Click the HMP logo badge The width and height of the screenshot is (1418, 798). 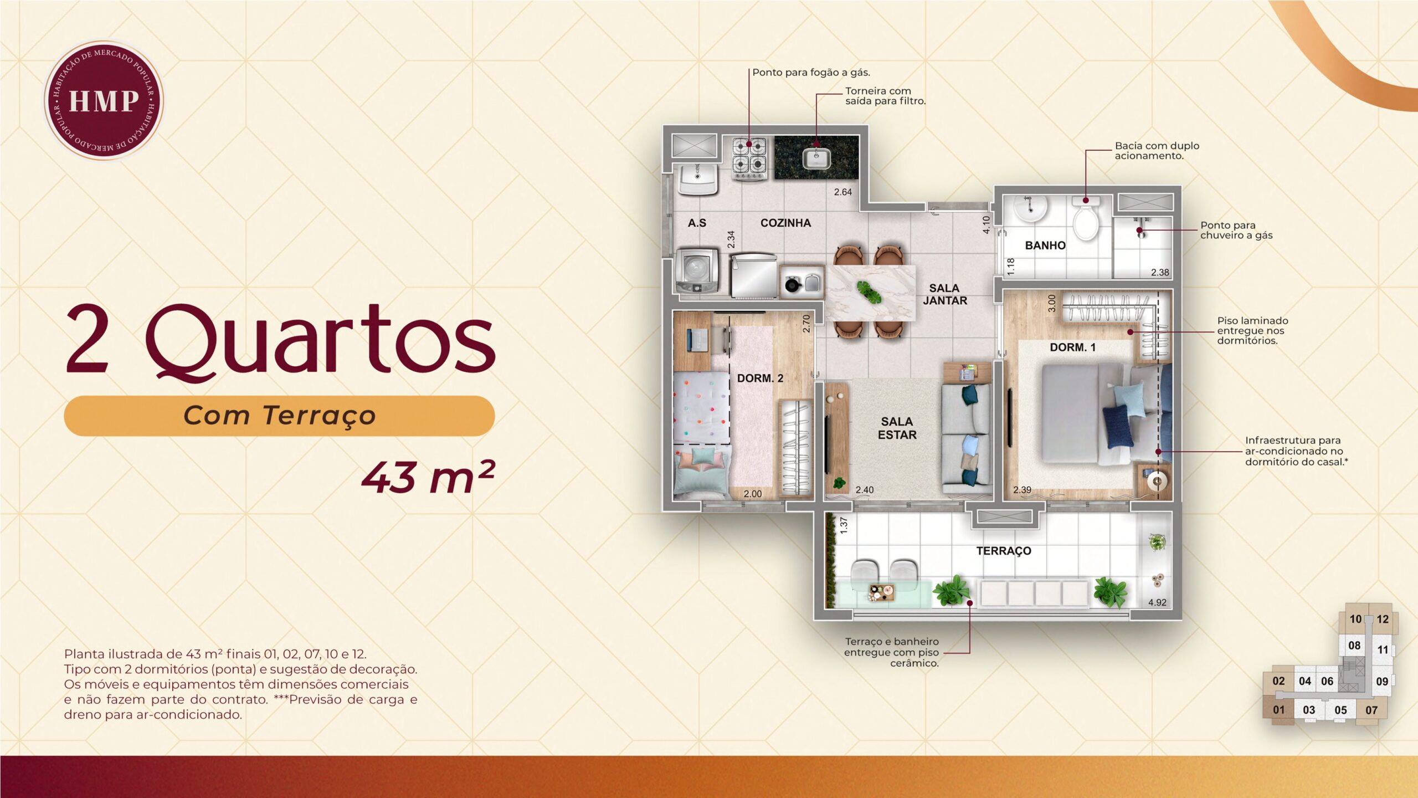point(104,100)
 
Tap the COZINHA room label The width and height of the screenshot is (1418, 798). point(785,223)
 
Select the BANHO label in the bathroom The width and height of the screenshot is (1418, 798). point(1045,245)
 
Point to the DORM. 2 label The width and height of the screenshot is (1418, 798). point(760,378)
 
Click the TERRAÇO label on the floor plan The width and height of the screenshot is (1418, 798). point(1004,551)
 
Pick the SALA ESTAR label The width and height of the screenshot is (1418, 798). point(897,428)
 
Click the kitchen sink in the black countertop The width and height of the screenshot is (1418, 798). point(816,158)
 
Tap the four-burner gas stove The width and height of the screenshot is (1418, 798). point(749,158)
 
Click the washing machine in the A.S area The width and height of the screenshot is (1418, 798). point(697,270)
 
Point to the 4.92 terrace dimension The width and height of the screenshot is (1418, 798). point(1157,602)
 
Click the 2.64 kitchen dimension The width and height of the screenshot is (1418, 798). point(843,192)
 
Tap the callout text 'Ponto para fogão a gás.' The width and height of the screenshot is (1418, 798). point(811,73)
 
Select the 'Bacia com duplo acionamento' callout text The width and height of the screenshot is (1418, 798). point(1157,151)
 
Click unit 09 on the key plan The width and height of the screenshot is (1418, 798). point(1382,682)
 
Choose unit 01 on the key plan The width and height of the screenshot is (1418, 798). point(1278,710)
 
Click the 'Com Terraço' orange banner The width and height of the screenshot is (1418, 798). point(279,416)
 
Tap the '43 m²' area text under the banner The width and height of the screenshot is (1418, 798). point(428,477)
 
